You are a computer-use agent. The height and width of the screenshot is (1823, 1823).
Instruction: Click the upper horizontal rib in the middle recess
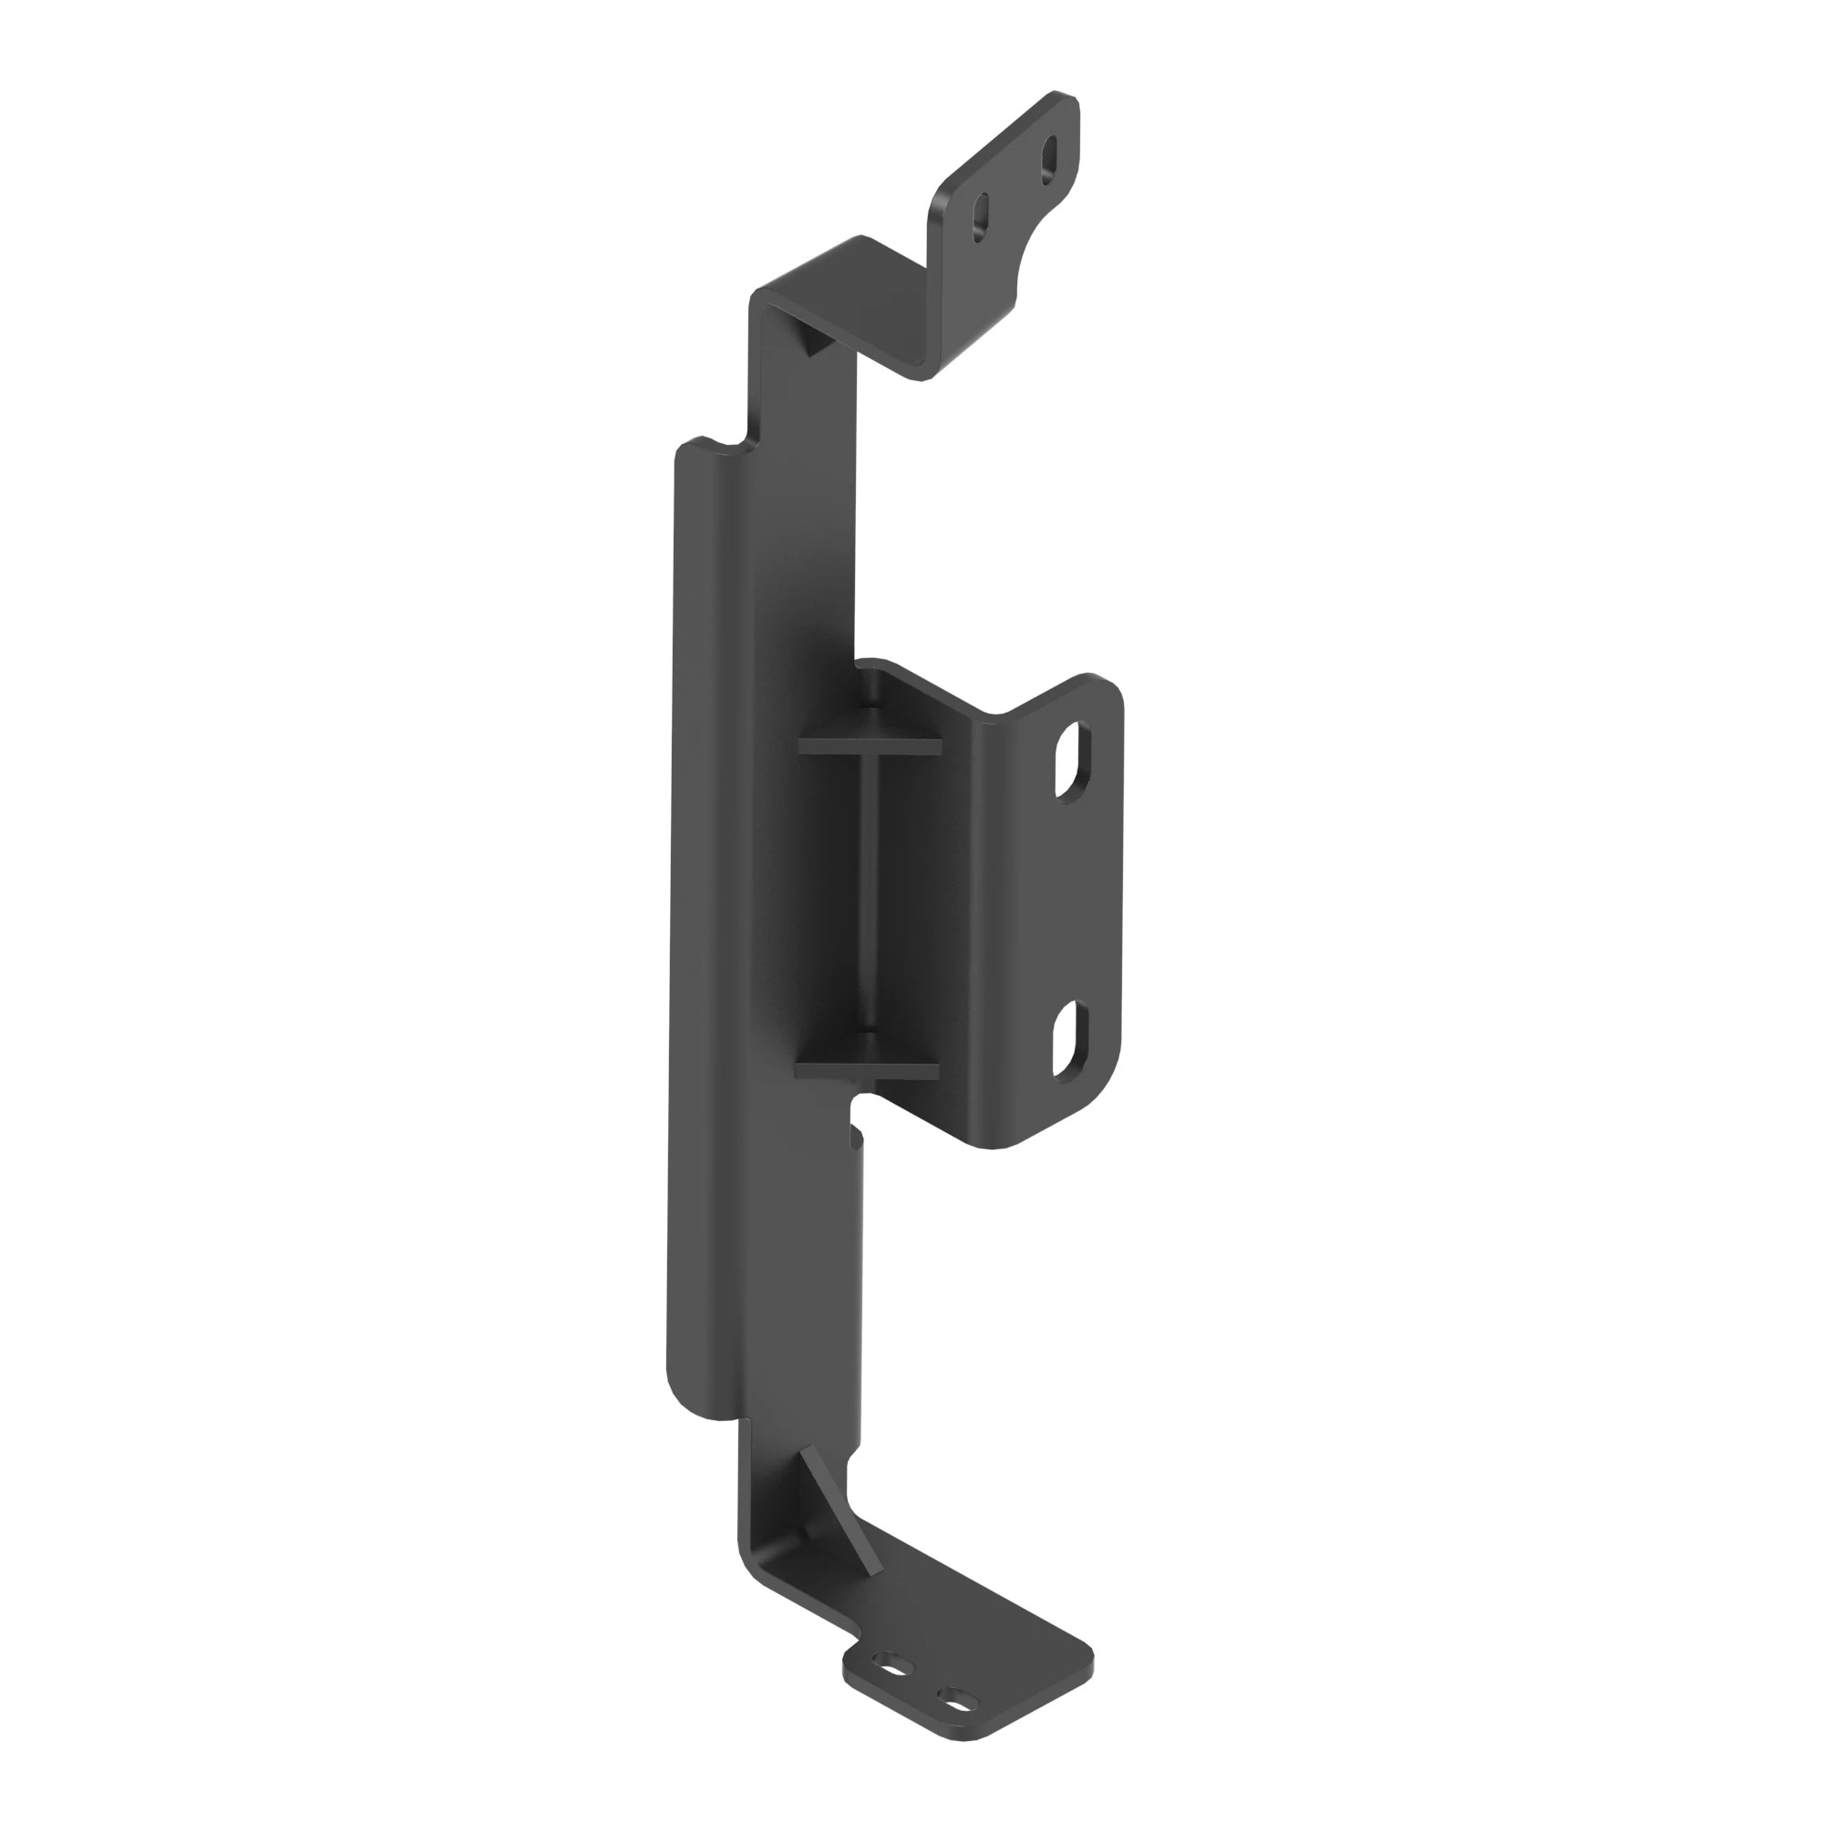(x=869, y=746)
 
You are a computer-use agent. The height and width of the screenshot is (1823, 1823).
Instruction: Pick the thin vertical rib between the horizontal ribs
(x=870, y=906)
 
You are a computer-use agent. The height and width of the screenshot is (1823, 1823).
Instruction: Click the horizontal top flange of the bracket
(x=850, y=293)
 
